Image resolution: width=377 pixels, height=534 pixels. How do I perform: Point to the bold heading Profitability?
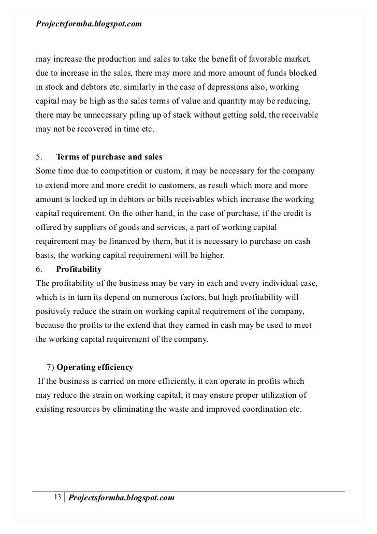79,270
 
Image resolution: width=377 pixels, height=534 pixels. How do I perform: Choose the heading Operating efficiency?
95,368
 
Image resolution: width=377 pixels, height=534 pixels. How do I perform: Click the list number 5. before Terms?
39,157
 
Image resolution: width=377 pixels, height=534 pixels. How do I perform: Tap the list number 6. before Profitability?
39,270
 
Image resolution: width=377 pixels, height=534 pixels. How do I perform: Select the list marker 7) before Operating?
50,368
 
